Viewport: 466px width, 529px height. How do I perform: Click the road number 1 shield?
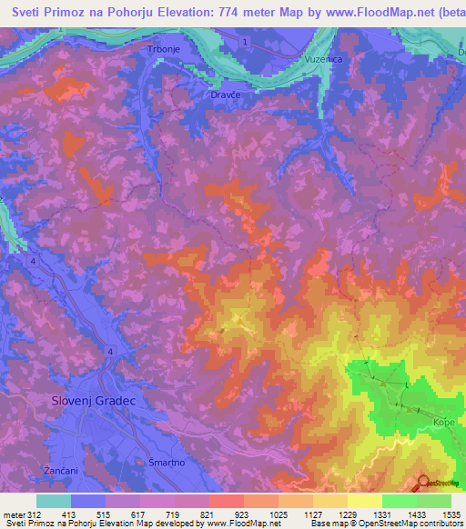246,43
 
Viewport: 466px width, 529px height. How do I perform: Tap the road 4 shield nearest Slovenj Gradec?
110,351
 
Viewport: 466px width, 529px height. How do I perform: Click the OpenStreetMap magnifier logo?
424,482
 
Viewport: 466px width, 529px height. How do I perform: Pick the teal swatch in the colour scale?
53,501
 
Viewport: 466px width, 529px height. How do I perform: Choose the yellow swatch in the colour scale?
364,501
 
